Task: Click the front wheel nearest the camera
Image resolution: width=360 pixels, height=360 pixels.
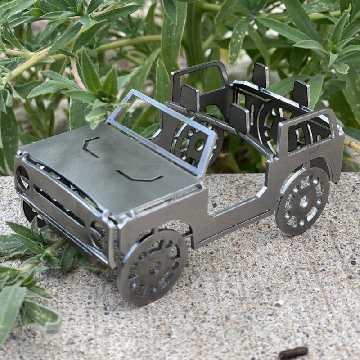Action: click(152, 267)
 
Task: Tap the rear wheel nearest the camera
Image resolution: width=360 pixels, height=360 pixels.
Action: click(302, 201)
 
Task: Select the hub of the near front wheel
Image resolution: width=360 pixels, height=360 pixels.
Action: click(154, 268)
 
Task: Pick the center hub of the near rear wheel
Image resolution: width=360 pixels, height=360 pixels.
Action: click(304, 202)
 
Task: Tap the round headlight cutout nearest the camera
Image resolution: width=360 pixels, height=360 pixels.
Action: click(99, 235)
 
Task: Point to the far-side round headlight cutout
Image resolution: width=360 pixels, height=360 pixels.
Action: click(22, 178)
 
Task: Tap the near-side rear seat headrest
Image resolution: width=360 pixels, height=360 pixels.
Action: click(301, 93)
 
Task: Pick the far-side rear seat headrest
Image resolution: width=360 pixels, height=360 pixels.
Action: click(260, 75)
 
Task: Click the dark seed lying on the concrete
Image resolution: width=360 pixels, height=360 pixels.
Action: click(293, 352)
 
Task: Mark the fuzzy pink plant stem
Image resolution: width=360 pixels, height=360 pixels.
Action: click(76, 72)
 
